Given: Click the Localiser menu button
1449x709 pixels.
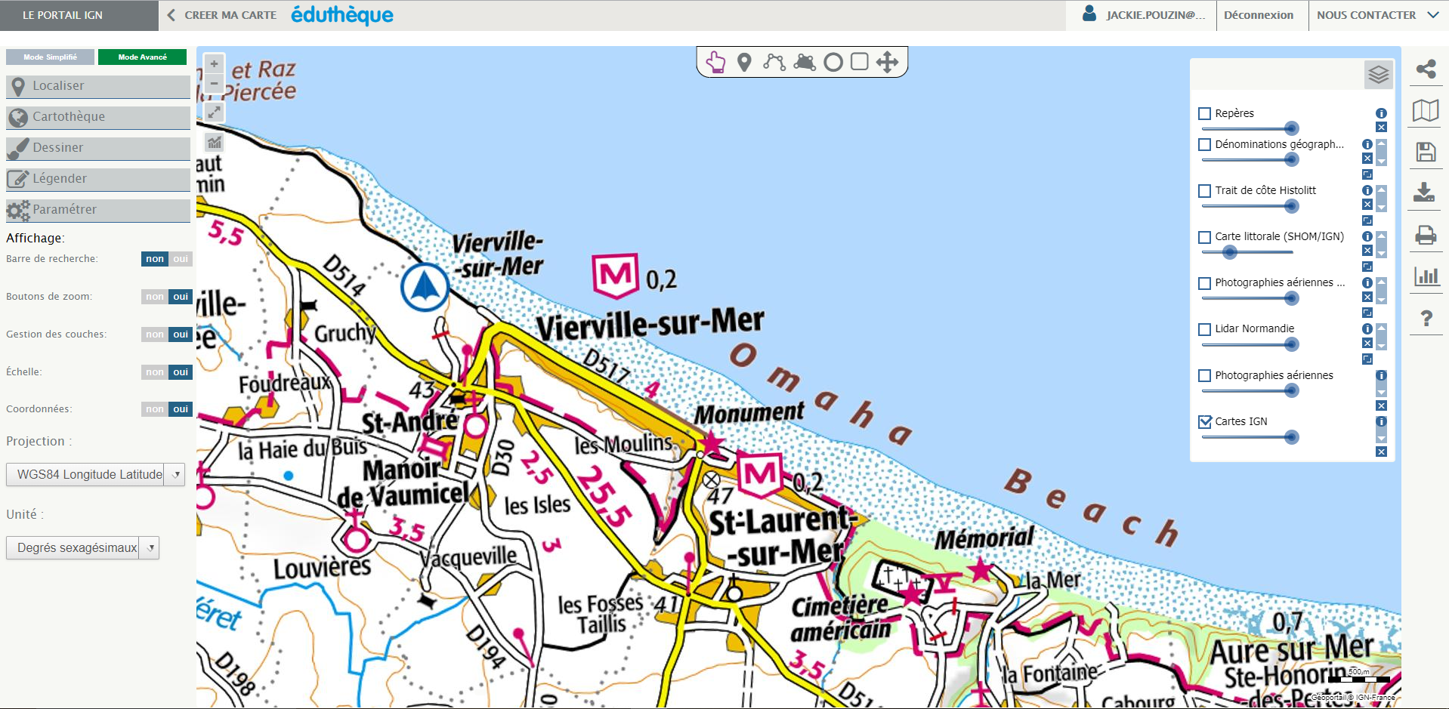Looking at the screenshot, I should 97,86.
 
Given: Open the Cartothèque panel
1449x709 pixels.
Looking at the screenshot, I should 97,117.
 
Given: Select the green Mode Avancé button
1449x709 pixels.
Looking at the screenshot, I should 142,57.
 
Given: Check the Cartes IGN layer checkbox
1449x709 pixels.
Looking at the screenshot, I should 1205,422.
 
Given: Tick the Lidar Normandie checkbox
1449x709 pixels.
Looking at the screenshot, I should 1205,329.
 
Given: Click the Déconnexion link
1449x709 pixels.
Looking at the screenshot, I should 1259,15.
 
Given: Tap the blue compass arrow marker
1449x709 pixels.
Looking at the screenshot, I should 425,287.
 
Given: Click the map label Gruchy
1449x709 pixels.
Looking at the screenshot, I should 344,333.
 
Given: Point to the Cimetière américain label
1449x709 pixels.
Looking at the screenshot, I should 840,618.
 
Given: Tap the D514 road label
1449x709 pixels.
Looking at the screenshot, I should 344,275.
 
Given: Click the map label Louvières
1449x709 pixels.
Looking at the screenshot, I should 322,569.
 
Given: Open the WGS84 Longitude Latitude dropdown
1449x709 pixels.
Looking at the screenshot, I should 95,474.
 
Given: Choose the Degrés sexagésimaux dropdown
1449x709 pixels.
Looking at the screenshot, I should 82,547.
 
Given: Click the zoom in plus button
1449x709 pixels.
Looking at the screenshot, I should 214,64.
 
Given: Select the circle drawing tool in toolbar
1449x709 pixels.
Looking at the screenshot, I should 833,62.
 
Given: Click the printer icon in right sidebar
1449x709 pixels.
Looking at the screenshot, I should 1426,236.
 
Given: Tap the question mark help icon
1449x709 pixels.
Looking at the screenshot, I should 1426,319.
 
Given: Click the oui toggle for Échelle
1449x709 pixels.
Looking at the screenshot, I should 181,372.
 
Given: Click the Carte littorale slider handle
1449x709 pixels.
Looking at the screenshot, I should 1230,252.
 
